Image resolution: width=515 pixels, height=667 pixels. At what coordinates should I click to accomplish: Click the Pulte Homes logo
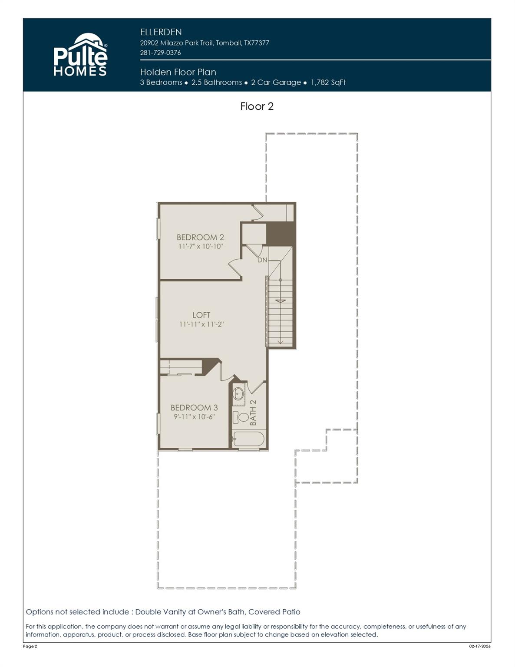pos(80,56)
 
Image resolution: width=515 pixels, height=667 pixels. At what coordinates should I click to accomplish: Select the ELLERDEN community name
pos(161,32)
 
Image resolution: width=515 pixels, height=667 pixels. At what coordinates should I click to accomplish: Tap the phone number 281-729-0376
pos(160,53)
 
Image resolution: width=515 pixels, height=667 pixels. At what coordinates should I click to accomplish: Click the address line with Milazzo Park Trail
pos(205,43)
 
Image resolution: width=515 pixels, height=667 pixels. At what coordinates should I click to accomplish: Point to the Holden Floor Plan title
pos(178,72)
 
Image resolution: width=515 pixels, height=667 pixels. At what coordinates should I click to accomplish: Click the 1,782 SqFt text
pos(328,83)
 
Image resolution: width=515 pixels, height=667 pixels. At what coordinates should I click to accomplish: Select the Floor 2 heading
pos(257,106)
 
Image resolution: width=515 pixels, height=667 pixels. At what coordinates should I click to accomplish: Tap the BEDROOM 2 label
pos(200,237)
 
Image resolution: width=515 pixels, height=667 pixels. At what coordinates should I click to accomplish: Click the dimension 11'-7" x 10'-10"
pos(200,246)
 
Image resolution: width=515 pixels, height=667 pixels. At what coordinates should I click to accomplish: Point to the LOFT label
pos(201,315)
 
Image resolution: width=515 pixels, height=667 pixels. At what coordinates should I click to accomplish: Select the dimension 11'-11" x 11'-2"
pos(201,324)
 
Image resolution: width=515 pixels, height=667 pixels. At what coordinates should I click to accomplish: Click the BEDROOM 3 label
pos(194,407)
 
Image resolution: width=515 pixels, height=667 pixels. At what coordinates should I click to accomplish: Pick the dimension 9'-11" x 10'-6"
pos(194,416)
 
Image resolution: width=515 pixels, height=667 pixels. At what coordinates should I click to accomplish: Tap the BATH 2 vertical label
pos(253,413)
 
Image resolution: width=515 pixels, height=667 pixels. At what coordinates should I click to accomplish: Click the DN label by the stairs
pos(262,260)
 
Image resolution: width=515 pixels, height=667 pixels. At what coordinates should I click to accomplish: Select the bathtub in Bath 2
pos(248,439)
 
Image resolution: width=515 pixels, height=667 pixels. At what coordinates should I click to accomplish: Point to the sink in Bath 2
pos(238,394)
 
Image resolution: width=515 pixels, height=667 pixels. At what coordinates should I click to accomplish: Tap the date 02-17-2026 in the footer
pos(479,646)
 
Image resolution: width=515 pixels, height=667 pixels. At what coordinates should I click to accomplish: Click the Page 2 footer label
pos(30,646)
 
